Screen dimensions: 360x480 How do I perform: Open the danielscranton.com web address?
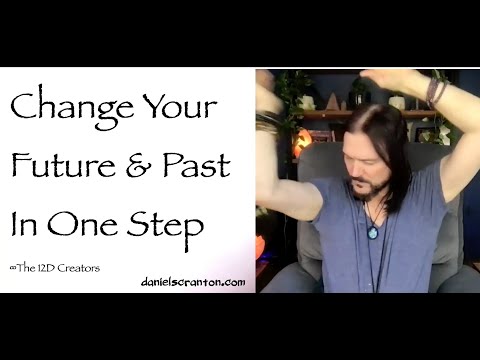(192, 283)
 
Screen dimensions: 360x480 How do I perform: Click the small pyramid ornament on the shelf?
(332, 102)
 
